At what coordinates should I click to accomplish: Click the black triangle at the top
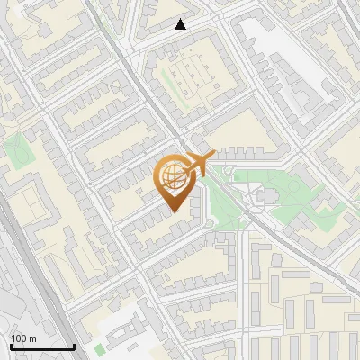tap(181, 24)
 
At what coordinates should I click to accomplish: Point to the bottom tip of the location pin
tap(173, 212)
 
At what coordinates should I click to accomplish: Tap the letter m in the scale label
tap(33, 338)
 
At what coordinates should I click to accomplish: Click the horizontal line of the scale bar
tap(42, 346)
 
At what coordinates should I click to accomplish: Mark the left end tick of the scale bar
tap(11, 345)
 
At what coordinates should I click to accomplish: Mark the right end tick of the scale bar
tap(74, 345)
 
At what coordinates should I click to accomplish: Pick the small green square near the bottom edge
tap(99, 348)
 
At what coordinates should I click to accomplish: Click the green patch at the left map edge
tap(15, 150)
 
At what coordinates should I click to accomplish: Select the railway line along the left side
tap(36, 270)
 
